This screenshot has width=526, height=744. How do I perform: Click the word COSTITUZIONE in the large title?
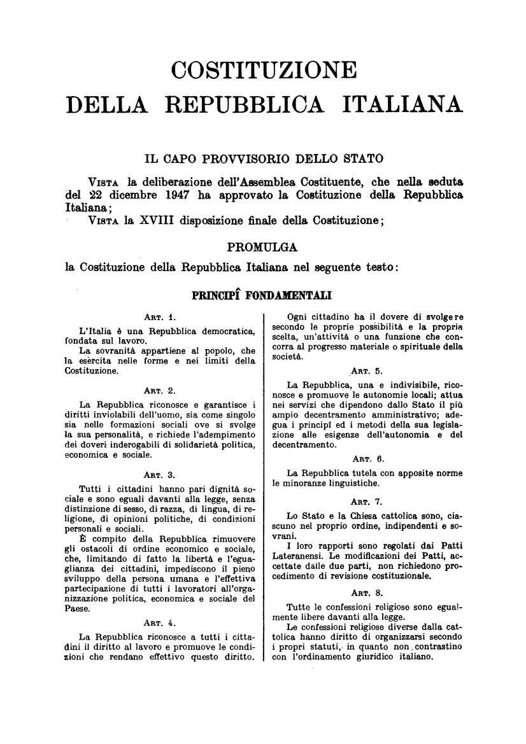pos(264,69)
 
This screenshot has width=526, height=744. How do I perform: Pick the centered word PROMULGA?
pos(262,246)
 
